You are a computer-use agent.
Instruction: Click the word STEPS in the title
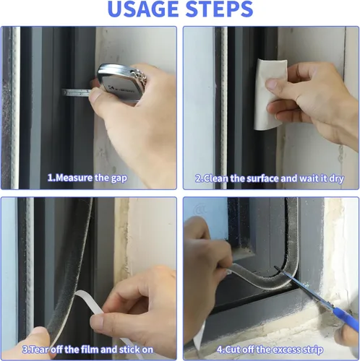219,9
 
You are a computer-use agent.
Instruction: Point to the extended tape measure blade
77,92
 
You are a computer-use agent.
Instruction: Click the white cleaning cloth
270,94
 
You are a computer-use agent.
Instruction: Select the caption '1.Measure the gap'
87,178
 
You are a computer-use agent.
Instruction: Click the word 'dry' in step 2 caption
336,179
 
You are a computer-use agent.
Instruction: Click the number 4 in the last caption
220,349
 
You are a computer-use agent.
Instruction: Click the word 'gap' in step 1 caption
119,178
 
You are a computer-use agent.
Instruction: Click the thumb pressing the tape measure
95,95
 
